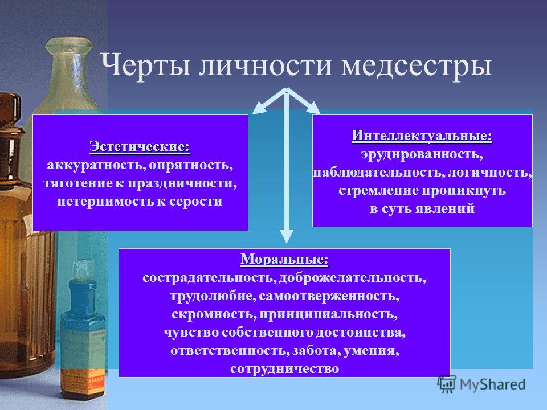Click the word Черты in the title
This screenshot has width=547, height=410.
[x=145, y=65]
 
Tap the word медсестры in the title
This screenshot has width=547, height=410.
[x=417, y=65]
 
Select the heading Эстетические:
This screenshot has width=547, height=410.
[x=140, y=147]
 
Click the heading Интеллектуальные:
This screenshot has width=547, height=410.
[x=422, y=136]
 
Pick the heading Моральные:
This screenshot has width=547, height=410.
[x=284, y=260]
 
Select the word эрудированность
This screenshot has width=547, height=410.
[x=422, y=154]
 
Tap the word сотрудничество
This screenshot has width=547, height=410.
[x=285, y=368]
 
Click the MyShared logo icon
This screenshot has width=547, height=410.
[x=447, y=384]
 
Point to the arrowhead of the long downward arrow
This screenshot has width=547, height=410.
[x=287, y=236]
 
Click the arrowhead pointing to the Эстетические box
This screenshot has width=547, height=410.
[x=259, y=108]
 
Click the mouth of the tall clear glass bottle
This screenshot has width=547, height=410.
[x=69, y=44]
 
